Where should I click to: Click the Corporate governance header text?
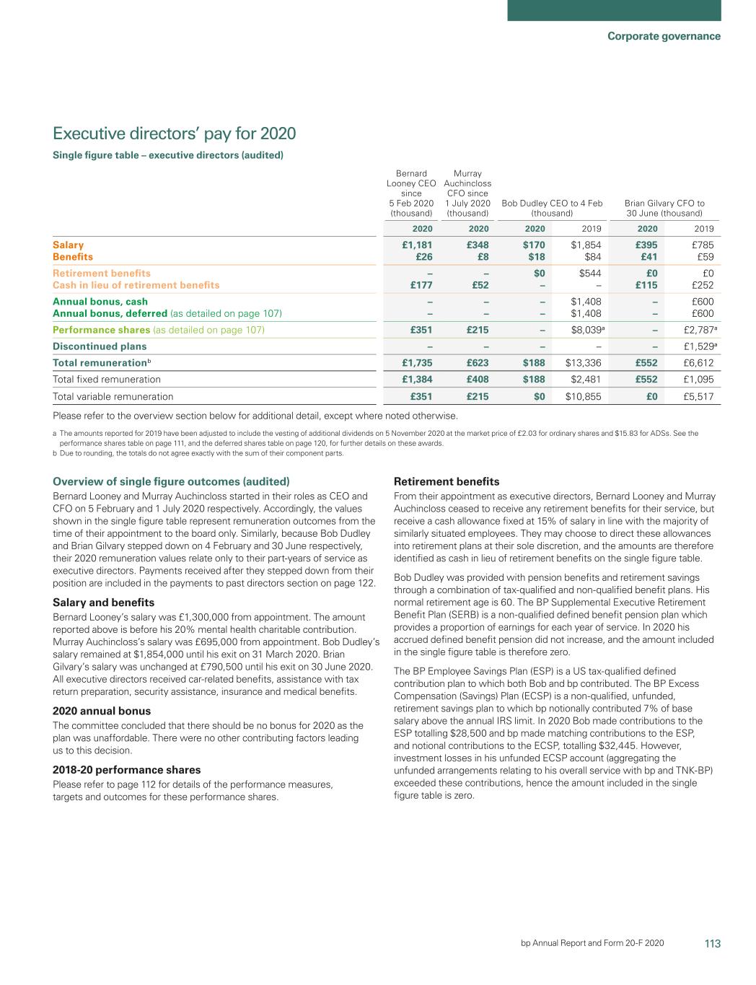pos(663,36)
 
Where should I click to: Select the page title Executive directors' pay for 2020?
pos(175,133)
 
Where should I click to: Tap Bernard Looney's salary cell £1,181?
pos(417,245)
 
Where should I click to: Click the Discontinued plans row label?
pos(100,346)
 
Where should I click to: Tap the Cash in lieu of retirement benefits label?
pos(136,285)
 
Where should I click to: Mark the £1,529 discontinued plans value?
pos(698,346)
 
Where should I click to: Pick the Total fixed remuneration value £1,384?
pos(417,379)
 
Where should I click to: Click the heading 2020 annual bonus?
pos(102,710)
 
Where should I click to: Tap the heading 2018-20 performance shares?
pos(127,769)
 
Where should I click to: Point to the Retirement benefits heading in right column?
pos(446,481)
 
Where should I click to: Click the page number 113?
pos(712,943)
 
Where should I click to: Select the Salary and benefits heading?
pos(104,602)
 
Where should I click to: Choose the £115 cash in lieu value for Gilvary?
pos(646,285)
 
